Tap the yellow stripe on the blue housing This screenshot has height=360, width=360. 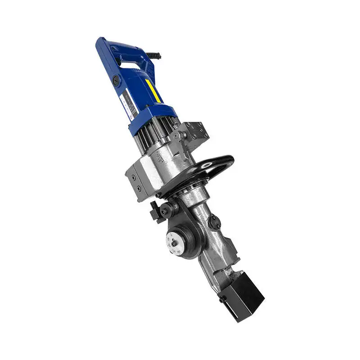[153, 91]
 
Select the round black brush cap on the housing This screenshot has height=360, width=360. [116, 81]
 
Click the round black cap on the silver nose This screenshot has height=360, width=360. [214, 222]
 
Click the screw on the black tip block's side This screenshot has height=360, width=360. [222, 298]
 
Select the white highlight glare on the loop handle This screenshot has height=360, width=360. [207, 165]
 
